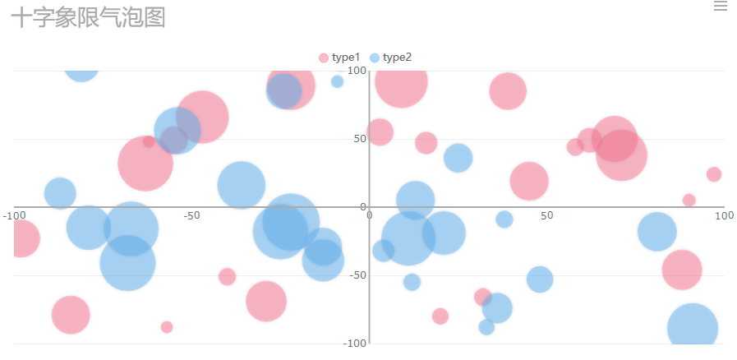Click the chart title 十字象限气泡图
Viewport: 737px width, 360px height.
coord(88,17)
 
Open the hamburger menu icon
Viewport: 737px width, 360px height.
coord(721,7)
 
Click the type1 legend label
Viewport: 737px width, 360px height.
coord(346,58)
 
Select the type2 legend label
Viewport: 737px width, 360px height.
coord(397,58)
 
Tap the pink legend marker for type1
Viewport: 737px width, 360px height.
coord(324,58)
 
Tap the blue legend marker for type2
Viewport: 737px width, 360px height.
coord(375,58)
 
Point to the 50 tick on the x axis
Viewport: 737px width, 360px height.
coord(546,215)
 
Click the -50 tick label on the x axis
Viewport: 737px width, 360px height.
coord(191,215)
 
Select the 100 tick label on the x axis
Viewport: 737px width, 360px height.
coord(723,215)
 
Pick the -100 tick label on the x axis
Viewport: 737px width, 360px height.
coord(12,215)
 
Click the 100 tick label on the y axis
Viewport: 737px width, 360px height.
coord(356,71)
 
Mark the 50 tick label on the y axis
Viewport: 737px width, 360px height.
coord(359,139)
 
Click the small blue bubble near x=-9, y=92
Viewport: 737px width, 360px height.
coord(337,81)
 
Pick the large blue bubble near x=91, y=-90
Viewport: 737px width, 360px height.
coord(692,328)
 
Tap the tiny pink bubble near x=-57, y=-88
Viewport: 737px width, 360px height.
coord(167,327)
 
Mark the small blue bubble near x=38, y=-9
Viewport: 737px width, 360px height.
coord(504,219)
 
